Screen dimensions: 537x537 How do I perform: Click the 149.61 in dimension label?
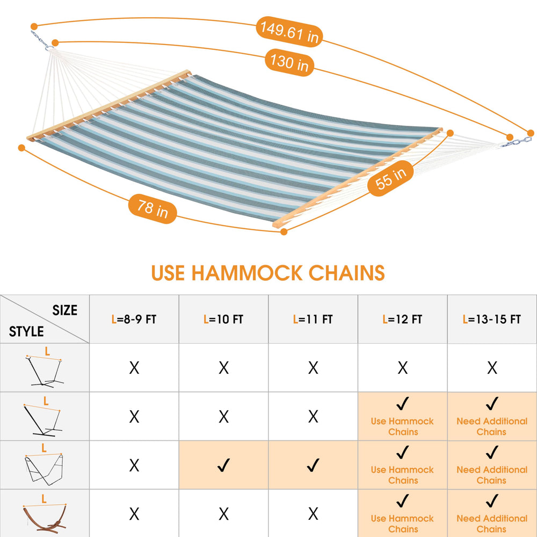(289, 32)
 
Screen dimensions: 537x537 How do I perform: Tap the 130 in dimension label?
(289, 62)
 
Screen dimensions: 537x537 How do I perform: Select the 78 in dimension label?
(153, 208)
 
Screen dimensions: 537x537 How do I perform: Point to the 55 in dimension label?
(390, 178)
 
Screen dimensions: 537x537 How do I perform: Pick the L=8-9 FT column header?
(134, 319)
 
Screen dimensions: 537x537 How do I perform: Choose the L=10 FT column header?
(223, 319)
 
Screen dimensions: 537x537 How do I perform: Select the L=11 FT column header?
(313, 319)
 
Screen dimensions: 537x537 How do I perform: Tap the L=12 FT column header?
(402, 319)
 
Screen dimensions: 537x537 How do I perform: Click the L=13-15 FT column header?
(492, 319)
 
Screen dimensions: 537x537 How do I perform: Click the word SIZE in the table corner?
(65, 310)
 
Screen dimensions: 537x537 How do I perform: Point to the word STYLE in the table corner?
(26, 331)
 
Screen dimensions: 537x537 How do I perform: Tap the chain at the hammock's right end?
(517, 142)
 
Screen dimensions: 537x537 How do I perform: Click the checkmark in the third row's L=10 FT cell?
(223, 465)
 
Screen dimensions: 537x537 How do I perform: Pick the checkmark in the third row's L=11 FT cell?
(313, 465)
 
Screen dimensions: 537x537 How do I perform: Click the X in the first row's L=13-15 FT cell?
(492, 368)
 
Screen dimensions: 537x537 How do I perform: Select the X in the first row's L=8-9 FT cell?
(134, 368)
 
